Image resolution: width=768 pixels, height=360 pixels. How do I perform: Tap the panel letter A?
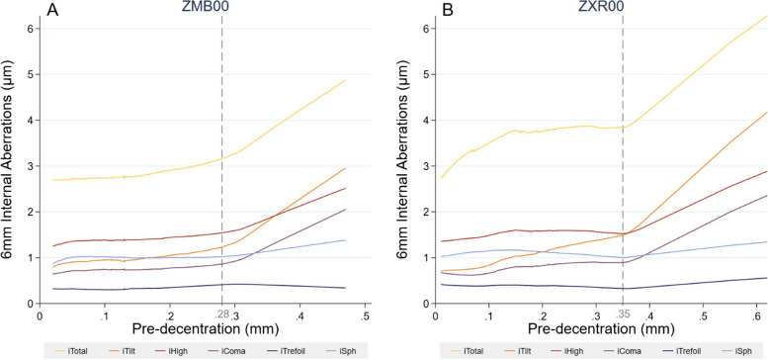(53, 9)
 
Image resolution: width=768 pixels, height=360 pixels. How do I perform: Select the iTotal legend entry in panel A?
(72, 350)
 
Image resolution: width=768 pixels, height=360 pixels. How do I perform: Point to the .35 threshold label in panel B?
(623, 314)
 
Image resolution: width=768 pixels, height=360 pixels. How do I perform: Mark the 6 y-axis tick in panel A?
(31, 29)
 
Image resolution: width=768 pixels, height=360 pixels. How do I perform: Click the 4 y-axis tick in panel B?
(427, 120)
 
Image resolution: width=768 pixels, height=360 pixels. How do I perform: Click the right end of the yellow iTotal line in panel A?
(345, 80)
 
